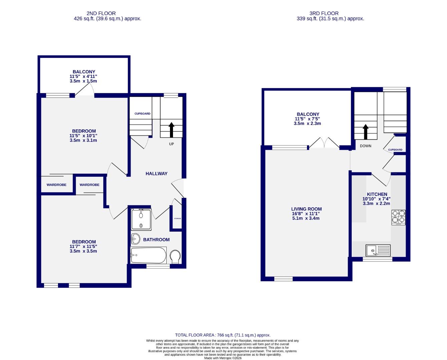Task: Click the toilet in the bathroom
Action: tap(175, 256)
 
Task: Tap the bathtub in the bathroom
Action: tap(148, 255)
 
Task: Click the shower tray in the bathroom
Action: tap(141, 219)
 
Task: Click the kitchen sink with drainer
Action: tap(378, 250)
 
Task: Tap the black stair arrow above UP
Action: tap(172, 130)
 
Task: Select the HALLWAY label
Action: tap(156, 174)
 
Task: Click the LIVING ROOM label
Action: tap(306, 209)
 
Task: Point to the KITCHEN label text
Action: tap(377, 194)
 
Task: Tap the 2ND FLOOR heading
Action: tap(101, 13)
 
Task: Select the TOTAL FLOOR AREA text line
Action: tap(223, 335)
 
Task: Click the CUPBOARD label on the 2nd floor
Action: tap(142, 114)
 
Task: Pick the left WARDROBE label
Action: tap(56, 185)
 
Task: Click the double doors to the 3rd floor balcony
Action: tap(324, 143)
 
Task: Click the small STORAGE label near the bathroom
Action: tap(177, 219)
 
